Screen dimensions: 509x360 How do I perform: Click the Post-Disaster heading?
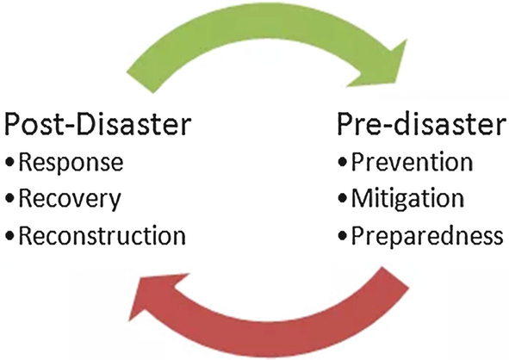[97, 124]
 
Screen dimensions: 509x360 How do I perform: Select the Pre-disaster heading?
[422, 124]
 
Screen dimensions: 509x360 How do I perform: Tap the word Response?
[71, 163]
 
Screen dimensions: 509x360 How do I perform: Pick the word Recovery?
[70, 199]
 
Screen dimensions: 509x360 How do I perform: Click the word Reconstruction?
[102, 235]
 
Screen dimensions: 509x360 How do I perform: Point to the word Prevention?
[412, 162]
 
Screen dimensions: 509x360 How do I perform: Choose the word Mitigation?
[407, 198]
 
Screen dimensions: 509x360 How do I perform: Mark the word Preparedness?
[427, 235]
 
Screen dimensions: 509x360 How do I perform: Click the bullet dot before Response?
[10, 161]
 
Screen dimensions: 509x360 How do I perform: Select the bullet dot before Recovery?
[10, 198]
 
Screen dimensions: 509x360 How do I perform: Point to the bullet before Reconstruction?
[10, 235]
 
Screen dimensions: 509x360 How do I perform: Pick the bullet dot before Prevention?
[343, 161]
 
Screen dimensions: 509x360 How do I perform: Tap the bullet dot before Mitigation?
[343, 198]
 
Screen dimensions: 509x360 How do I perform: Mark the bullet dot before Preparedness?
[343, 235]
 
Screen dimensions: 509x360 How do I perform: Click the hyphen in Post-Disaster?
[70, 127]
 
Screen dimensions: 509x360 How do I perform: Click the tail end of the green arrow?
[140, 83]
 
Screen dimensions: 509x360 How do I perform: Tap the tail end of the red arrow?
[395, 277]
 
